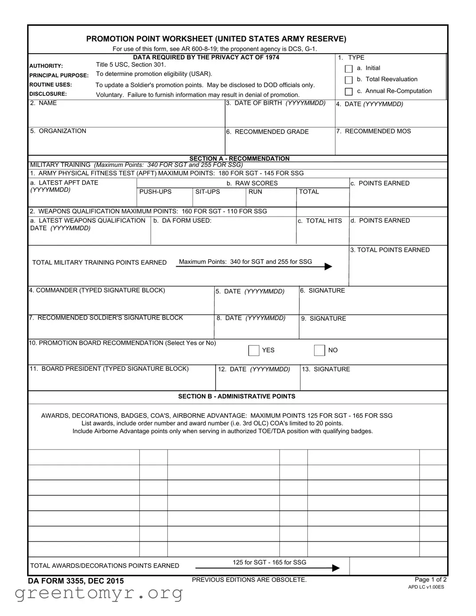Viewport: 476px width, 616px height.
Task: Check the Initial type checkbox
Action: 349,69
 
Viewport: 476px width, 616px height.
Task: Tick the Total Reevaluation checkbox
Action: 349,80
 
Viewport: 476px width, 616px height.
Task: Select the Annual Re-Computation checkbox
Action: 349,91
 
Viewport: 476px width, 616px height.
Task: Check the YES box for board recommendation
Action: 254,351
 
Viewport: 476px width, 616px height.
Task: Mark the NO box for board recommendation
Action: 319,351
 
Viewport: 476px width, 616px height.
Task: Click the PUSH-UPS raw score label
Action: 155,192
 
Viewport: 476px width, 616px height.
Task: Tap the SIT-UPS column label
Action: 208,192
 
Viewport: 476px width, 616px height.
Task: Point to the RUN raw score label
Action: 255,192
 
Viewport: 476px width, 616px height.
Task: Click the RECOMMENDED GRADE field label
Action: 268,132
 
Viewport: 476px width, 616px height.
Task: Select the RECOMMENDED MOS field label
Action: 374,131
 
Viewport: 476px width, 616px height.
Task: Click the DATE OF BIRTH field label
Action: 275,103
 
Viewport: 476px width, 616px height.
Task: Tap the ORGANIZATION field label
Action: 58,131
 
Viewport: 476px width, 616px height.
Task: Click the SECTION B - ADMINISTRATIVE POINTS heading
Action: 236,396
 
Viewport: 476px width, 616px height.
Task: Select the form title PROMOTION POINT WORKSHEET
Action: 216,39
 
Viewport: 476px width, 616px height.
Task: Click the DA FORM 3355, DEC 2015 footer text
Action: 76,581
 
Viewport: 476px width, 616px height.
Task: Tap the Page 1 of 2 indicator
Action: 430,580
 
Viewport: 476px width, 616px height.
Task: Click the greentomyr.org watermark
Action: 98,593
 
